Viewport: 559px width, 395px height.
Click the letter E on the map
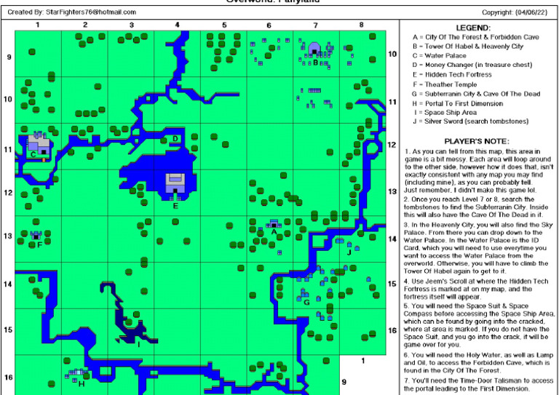click(175, 206)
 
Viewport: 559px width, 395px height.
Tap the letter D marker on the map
click(175, 138)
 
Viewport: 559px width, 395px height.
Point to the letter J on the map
click(349, 252)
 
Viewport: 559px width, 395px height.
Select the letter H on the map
click(81, 383)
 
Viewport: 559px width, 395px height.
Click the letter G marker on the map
click(306, 301)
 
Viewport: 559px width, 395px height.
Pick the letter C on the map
click(33, 153)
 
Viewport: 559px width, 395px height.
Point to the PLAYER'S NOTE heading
click(476, 140)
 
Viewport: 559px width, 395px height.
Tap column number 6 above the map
click(269, 25)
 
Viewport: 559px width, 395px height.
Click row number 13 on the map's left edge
click(8, 236)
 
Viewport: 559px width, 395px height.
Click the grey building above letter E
click(175, 182)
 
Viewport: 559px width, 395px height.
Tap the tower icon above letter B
click(314, 49)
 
